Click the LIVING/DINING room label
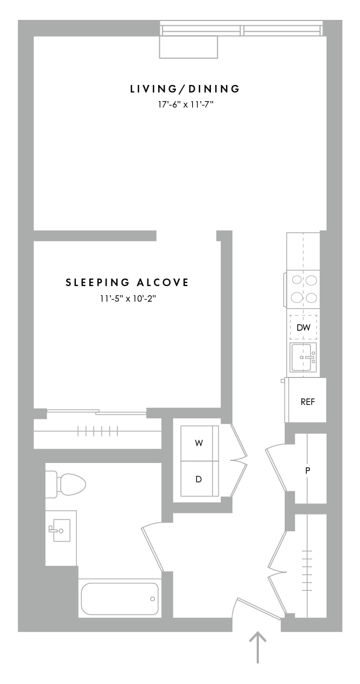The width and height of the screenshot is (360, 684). point(185,89)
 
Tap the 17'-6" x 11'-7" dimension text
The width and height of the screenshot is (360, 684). point(186,105)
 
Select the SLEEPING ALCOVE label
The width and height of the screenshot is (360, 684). point(127,282)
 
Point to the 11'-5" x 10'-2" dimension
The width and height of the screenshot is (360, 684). point(128,298)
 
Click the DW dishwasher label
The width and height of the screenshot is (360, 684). point(303,327)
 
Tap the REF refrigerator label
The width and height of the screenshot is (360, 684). point(307,402)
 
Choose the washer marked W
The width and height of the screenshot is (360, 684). point(199,443)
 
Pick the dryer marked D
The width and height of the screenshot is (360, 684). point(199,479)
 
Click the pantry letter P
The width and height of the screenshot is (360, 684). point(308,471)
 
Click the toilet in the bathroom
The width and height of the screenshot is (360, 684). point(66,484)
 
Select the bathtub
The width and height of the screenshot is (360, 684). point(120,599)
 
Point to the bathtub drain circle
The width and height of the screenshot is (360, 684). point(152,599)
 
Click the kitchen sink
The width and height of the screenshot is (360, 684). point(303,357)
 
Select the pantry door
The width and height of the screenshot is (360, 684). point(276,468)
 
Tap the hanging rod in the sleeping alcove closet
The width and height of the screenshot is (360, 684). point(97,431)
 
